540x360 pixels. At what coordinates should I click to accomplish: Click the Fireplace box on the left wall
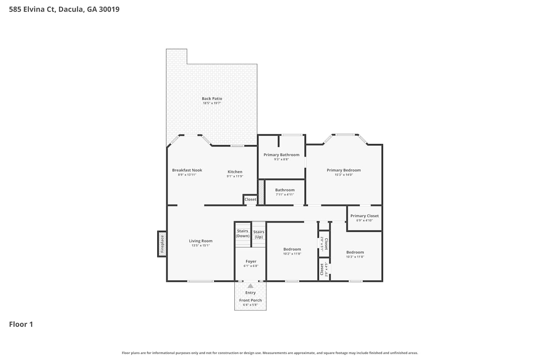pos(162,244)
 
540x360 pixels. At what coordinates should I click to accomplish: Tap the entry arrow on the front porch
pos(251,286)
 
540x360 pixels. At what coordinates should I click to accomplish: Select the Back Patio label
pos(212,98)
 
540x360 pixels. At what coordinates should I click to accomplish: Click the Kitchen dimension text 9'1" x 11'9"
pos(235,176)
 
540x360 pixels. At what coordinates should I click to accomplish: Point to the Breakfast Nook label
pos(187,170)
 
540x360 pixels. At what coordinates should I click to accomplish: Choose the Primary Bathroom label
pos(281,154)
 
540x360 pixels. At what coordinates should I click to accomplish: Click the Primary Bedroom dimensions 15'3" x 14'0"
pos(343,175)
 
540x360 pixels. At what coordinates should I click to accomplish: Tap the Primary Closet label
pos(364,216)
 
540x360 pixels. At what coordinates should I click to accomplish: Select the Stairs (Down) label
pos(243,233)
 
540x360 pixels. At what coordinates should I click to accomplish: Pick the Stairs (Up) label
pos(259,234)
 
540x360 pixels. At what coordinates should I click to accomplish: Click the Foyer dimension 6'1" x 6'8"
pos(251,266)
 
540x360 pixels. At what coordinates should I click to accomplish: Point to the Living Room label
pos(201,240)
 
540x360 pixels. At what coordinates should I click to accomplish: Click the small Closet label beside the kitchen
pos(250,199)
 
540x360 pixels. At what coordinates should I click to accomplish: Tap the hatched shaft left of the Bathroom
pos(261,192)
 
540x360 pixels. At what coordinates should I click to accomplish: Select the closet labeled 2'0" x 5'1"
pos(324,244)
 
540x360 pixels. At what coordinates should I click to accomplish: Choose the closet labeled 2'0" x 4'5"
pos(324,269)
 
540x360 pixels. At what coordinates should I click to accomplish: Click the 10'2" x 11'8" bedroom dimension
pos(292,253)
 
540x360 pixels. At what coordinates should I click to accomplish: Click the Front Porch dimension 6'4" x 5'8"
pos(250,305)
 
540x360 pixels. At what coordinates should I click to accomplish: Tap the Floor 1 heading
pos(21,324)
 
